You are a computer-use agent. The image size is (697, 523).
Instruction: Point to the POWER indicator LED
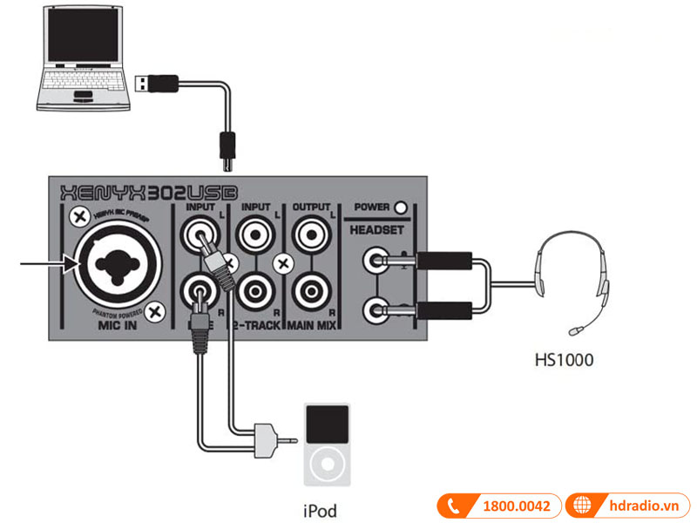pos(401,207)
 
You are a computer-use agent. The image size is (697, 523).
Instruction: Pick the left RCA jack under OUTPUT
pos(311,233)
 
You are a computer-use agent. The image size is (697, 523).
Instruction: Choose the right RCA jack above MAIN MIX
pos(311,288)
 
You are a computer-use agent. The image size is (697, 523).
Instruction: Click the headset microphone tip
pos(575,330)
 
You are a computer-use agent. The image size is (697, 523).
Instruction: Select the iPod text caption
pos(320,511)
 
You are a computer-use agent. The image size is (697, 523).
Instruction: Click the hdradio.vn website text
pos(643,506)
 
